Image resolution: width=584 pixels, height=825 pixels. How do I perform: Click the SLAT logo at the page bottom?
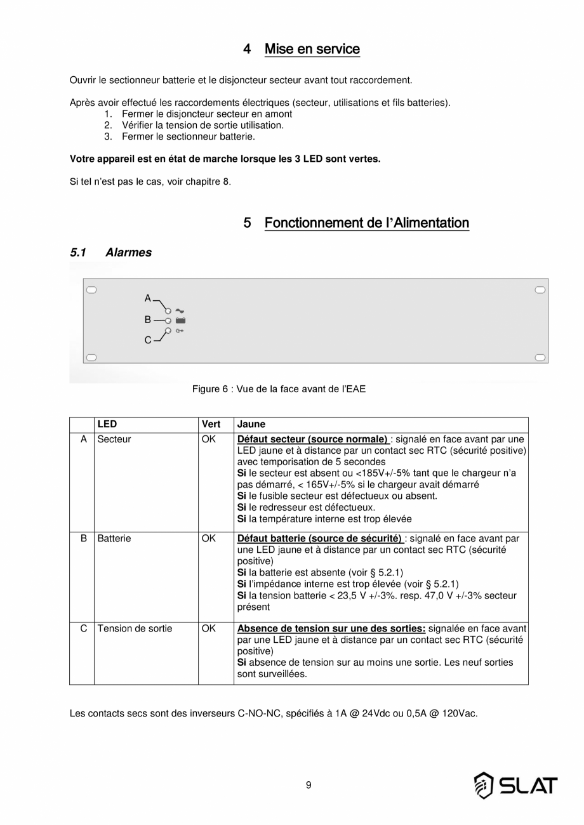(515, 786)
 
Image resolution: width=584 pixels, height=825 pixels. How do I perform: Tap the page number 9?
(309, 785)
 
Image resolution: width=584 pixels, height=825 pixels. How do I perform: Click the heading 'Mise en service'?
(312, 49)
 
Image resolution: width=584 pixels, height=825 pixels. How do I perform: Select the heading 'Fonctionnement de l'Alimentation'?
(366, 223)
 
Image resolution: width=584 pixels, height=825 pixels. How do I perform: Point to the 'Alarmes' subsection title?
(128, 253)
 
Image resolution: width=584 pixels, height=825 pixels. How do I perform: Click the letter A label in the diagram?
(148, 298)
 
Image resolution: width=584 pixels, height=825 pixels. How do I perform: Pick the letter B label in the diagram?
(148, 320)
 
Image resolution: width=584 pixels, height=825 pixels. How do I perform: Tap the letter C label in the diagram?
(148, 340)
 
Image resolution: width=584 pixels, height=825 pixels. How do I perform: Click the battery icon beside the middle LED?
(180, 320)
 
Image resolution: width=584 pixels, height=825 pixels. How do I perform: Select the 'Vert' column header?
(211, 425)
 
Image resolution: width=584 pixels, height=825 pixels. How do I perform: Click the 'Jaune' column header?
(251, 425)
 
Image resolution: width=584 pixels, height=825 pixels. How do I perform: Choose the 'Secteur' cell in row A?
(114, 439)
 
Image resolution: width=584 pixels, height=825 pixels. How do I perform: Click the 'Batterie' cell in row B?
(114, 538)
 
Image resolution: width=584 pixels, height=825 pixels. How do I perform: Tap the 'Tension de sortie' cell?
(135, 629)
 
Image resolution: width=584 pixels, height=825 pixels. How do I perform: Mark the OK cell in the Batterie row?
(209, 538)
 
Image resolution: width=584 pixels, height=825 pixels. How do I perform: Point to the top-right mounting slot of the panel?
(540, 290)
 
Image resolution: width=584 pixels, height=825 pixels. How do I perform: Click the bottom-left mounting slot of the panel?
(91, 358)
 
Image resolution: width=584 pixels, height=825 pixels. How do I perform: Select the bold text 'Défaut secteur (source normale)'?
(312, 439)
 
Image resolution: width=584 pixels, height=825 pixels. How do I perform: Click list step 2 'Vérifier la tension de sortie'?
(202, 125)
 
